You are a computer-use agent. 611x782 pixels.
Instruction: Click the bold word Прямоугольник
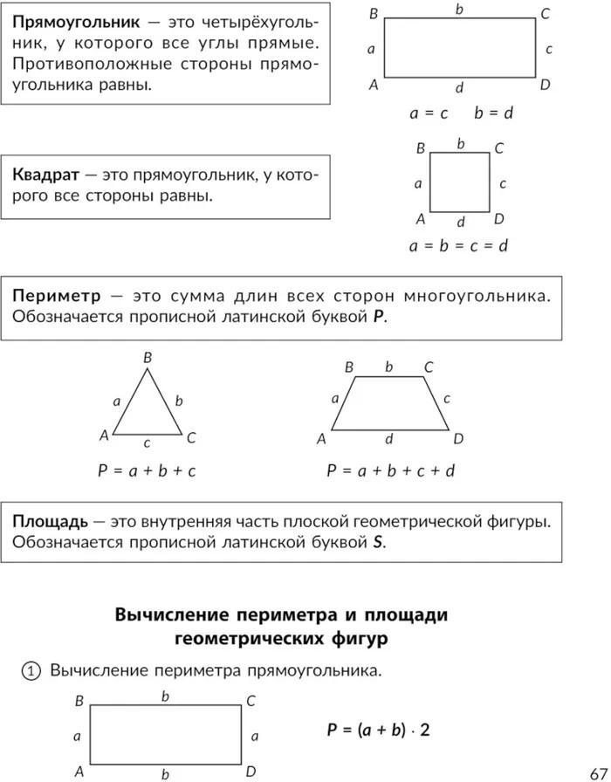[x=59, y=21]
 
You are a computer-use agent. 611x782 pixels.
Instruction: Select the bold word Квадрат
[x=42, y=175]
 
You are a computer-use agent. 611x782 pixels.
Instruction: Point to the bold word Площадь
[x=50, y=521]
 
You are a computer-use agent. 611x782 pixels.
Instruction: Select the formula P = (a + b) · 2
[x=379, y=730]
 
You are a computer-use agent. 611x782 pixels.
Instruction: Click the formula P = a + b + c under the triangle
[x=147, y=470]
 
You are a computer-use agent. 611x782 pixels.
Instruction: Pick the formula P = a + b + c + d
[x=391, y=470]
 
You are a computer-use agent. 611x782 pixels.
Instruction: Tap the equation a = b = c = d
[x=459, y=246]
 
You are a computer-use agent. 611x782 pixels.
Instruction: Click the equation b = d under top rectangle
[x=493, y=113]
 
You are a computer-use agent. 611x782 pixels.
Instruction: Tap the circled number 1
[x=30, y=671]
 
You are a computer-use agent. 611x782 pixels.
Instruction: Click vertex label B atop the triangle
[x=148, y=357]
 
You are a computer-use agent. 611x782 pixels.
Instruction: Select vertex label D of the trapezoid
[x=458, y=438]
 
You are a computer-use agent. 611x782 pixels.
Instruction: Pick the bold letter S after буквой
[x=379, y=542]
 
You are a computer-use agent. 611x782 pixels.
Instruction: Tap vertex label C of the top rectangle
[x=545, y=14]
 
